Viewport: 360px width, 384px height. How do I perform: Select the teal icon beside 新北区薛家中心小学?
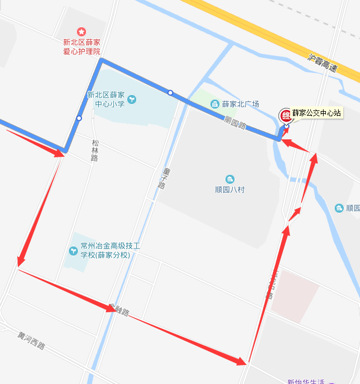[x=133, y=99]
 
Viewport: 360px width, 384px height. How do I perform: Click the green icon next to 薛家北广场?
[x=214, y=104]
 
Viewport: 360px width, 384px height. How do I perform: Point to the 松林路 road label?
[x=94, y=150]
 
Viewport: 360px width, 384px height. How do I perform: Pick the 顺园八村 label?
[x=230, y=189]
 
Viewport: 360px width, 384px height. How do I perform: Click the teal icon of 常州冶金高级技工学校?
[x=73, y=250]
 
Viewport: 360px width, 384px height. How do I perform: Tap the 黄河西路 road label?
[x=31, y=342]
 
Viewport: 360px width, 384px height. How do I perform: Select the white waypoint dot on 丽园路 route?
[x=170, y=93]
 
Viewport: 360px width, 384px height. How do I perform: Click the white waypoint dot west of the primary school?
[x=79, y=119]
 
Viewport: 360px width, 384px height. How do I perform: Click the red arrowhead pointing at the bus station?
[x=285, y=141]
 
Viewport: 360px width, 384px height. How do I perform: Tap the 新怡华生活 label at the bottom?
[x=306, y=381]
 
